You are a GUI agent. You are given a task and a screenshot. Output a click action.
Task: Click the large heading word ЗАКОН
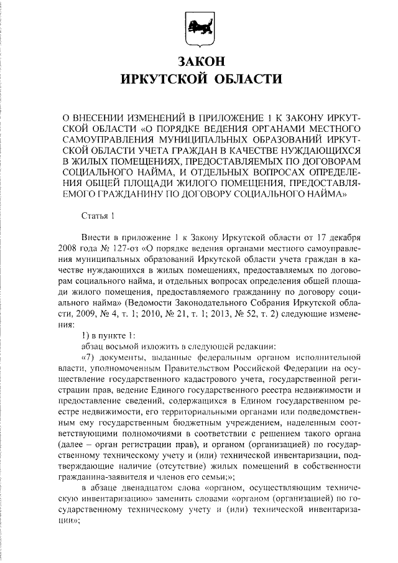199,62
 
